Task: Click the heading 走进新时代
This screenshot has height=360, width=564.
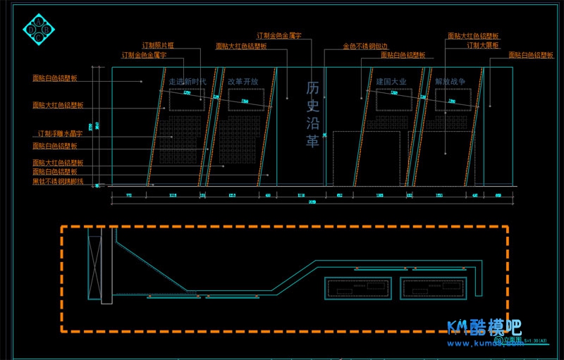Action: coord(188,82)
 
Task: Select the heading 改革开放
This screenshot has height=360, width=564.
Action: coord(243,82)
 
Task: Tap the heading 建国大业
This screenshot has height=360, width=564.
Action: coord(391,82)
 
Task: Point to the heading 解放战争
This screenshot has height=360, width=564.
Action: coord(450,82)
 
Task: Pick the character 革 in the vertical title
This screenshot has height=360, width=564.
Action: coord(313,140)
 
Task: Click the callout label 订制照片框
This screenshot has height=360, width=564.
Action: coord(158,45)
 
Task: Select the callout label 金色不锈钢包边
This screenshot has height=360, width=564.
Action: coord(364,46)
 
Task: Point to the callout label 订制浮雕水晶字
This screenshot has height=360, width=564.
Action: coord(60,133)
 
